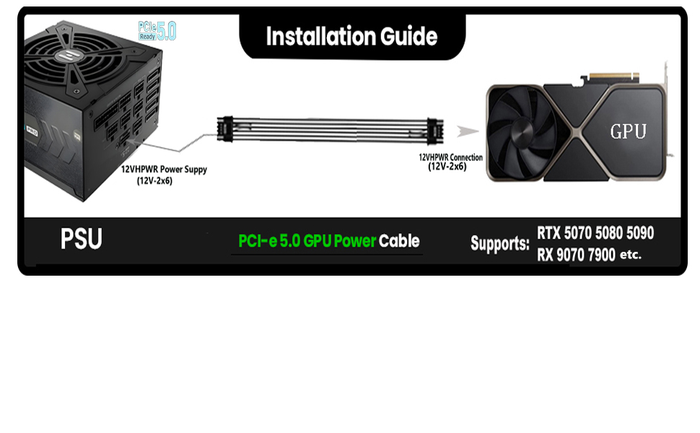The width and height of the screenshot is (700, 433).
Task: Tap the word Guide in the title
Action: tap(408, 36)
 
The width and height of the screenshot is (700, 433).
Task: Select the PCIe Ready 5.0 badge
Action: tap(157, 31)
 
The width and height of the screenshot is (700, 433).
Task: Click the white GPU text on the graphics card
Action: tap(628, 131)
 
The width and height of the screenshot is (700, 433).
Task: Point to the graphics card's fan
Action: tap(521, 132)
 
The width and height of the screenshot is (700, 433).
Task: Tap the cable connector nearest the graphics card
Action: tap(435, 131)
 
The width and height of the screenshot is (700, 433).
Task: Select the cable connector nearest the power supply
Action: tap(225, 129)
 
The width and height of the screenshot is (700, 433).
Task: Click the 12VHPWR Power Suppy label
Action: tap(164, 175)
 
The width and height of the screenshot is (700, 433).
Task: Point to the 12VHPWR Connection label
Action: tap(450, 162)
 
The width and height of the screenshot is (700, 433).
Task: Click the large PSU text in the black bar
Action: tap(82, 239)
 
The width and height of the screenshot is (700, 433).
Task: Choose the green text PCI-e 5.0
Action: tap(269, 241)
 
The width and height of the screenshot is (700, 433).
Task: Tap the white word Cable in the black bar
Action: tap(399, 241)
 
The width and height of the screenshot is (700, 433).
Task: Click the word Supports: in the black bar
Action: tap(500, 244)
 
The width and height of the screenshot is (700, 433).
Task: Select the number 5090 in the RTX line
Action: tap(640, 232)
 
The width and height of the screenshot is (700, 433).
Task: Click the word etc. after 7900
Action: tap(631, 255)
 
